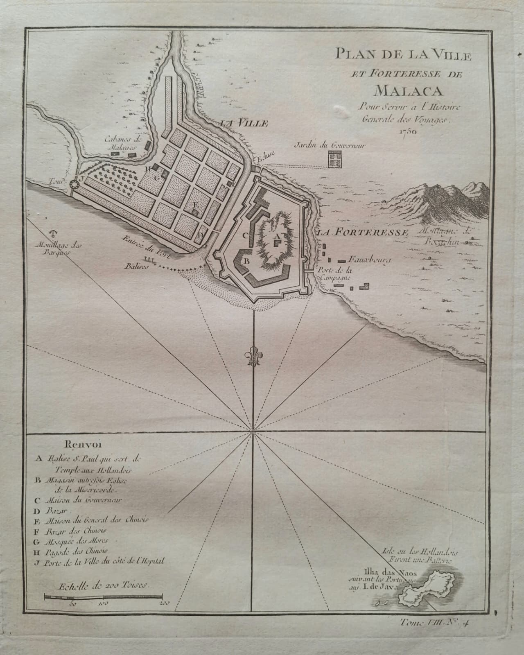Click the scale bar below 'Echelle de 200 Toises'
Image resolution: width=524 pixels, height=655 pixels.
[x=105, y=596]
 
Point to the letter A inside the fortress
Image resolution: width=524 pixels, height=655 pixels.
[x=276, y=236]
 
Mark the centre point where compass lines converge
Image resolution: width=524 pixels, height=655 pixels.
[x=252, y=431]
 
